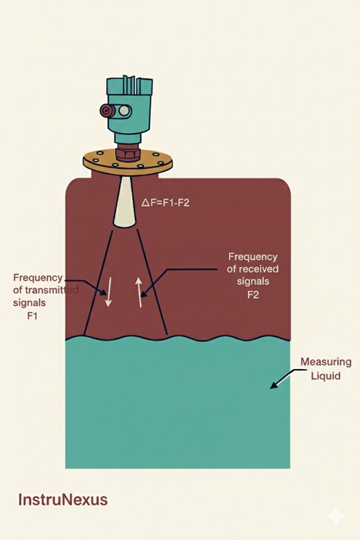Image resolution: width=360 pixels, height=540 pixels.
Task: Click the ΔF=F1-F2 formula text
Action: [165, 202]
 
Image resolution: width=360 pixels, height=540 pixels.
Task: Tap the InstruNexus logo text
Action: [63, 500]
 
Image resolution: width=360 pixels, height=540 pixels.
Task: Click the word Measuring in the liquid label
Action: [326, 362]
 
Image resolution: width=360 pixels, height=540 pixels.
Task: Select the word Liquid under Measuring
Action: [325, 375]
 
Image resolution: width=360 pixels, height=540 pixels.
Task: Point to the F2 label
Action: [253, 295]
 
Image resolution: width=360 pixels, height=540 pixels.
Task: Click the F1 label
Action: [32, 315]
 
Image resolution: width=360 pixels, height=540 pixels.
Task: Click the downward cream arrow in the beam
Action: [109, 292]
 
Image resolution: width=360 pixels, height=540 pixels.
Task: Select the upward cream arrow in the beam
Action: [139, 292]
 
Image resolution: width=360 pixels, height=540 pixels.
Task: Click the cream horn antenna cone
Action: [125, 202]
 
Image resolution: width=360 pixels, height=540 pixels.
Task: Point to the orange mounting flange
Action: [128, 162]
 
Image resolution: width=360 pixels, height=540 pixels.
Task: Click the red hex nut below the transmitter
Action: [128, 154]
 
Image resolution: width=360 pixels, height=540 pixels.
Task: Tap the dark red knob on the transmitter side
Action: [106, 111]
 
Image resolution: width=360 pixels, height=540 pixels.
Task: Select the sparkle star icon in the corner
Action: [335, 515]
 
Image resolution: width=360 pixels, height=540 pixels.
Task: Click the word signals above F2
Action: [253, 282]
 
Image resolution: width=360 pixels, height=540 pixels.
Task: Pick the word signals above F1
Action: [30, 302]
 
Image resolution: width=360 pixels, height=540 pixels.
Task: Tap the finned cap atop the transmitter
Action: [129, 86]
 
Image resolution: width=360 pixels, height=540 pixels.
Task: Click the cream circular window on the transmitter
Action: [124, 111]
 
